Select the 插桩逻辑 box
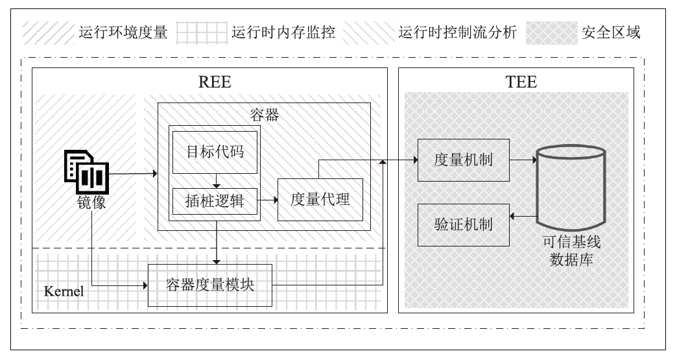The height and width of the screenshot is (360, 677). click(x=215, y=200)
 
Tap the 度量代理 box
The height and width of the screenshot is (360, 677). click(x=320, y=198)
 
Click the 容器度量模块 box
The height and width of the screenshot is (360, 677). click(x=210, y=285)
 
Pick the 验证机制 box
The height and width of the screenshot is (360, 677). click(x=463, y=224)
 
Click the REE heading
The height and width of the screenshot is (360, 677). click(x=214, y=82)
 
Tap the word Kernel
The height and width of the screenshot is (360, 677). click(x=64, y=291)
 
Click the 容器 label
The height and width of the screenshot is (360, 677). click(x=264, y=115)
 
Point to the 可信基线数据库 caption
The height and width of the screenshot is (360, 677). click(x=571, y=250)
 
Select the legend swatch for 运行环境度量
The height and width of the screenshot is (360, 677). click(x=47, y=32)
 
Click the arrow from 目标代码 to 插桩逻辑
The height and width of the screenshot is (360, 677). click(x=215, y=181)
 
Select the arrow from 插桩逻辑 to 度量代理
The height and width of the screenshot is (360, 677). click(x=267, y=201)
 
